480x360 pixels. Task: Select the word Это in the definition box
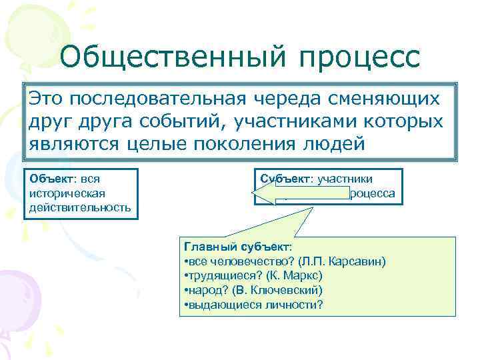pos(47,99)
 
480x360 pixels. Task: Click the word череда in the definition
pos(291,99)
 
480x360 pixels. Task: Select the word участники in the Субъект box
pos(346,179)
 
